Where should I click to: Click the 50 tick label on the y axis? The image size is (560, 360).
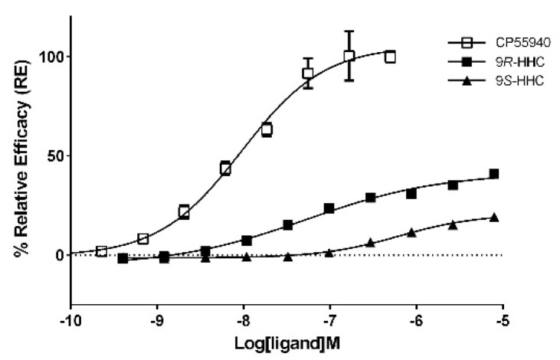pyautogui.click(x=56, y=155)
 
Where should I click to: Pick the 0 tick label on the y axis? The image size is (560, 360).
pyautogui.click(x=60, y=255)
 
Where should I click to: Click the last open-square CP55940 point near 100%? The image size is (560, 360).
pyautogui.click(x=391, y=57)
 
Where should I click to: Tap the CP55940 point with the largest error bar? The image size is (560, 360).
pyautogui.click(x=349, y=56)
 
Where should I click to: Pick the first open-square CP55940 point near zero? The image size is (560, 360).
pyautogui.click(x=101, y=251)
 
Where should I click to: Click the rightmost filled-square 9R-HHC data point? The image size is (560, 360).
pyautogui.click(x=494, y=174)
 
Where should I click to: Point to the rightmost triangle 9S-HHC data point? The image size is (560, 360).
pyautogui.click(x=494, y=217)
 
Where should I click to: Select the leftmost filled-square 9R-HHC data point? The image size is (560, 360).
pyautogui.click(x=123, y=259)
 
